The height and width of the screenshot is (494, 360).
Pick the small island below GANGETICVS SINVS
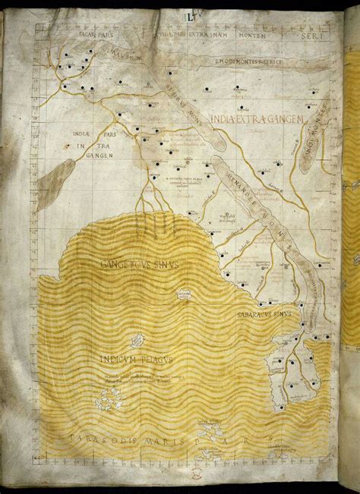183,294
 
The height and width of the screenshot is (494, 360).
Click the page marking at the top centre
184,14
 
